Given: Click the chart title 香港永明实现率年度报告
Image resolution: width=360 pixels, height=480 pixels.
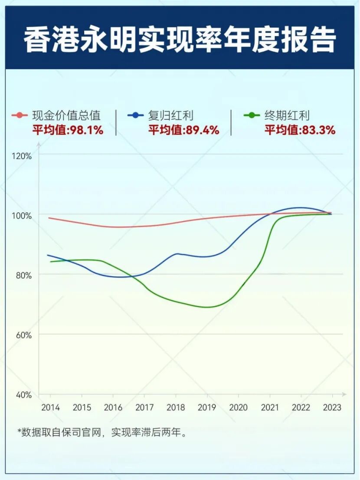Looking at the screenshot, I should coord(180,40).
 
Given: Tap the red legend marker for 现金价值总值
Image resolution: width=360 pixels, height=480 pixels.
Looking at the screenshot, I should coord(20,115).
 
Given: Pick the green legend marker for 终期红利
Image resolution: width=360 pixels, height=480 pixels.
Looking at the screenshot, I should coord(251,115).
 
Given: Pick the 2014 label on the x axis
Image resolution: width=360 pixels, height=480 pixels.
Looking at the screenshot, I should coord(50,408).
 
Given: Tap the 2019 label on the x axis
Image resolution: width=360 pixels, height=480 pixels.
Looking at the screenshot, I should coord(207,408).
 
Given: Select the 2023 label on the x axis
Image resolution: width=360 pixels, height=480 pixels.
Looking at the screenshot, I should coord(332,408).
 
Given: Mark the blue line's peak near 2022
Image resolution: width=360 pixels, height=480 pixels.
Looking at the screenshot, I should coord(300,207).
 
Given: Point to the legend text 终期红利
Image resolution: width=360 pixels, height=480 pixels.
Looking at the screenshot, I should coord(287,115).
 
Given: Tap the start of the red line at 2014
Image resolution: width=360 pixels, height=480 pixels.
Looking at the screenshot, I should coord(49,218).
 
